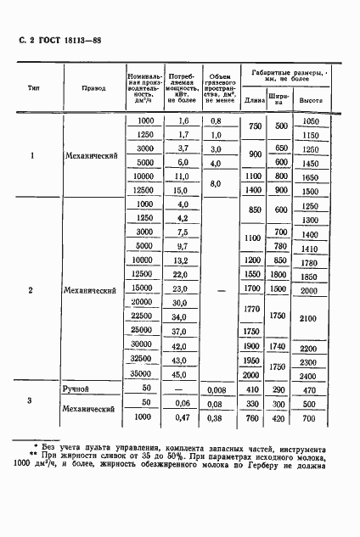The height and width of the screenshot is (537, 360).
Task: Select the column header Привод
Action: pos(94,87)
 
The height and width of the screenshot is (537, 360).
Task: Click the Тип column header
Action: pos(32,87)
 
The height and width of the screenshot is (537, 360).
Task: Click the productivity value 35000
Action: pos(144,374)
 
